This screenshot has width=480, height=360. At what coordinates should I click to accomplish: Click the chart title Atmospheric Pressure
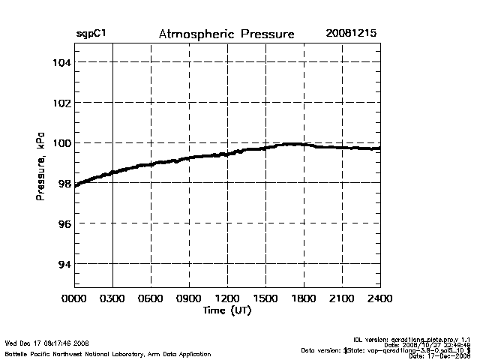tap(226, 34)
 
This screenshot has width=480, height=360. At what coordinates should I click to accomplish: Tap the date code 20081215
tap(351, 34)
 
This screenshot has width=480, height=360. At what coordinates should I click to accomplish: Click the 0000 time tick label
tap(74, 298)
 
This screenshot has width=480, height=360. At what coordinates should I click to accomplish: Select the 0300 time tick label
tap(112, 298)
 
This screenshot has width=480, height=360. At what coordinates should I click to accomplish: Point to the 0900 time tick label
tap(189, 298)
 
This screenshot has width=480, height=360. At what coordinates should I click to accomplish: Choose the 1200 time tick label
tap(227, 298)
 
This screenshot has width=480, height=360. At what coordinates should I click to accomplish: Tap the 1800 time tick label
tap(304, 298)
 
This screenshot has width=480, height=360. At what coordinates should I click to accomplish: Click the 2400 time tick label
tap(379, 298)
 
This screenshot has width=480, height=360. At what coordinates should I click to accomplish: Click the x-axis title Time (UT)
tap(226, 310)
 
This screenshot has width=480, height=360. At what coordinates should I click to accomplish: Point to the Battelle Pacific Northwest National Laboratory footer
tap(108, 353)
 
